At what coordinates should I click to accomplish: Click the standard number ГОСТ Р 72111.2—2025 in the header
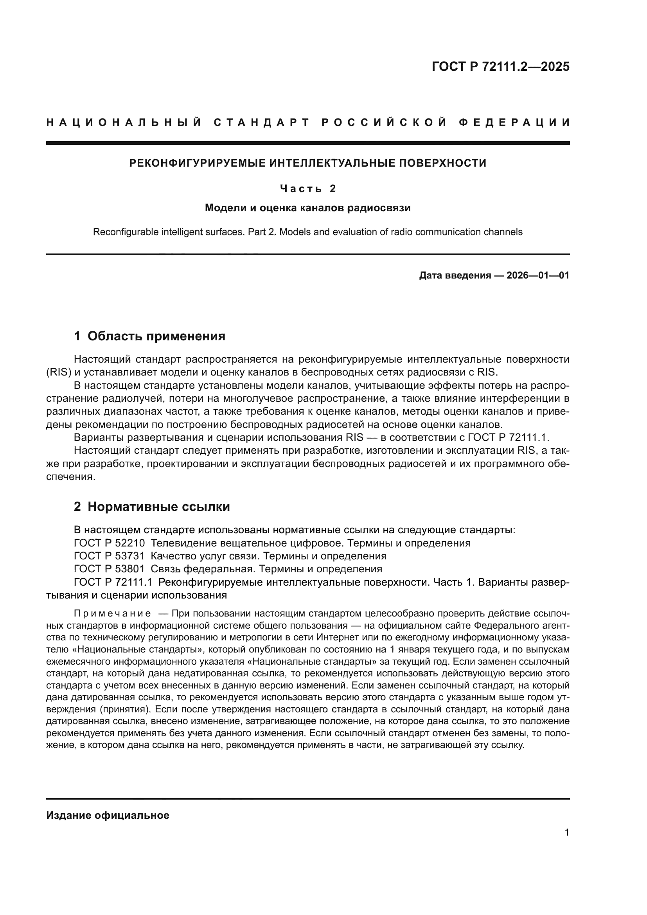click(500, 67)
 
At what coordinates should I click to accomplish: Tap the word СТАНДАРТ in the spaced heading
click(262, 122)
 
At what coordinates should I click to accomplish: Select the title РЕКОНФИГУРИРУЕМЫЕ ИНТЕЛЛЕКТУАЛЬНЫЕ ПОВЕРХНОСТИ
click(307, 164)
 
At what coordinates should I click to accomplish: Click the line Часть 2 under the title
click(307, 189)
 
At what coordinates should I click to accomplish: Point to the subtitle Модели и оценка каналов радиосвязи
click(307, 208)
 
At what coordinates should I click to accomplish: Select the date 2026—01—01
click(538, 275)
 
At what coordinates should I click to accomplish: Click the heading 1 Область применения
click(150, 336)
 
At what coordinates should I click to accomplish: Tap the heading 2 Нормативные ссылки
click(152, 507)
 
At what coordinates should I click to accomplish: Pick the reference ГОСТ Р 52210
click(109, 543)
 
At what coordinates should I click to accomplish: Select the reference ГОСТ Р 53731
click(109, 556)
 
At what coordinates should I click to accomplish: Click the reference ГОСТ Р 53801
click(109, 569)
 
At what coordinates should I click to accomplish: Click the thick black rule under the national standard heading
click(307, 143)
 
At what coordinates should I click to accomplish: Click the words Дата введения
click(455, 275)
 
